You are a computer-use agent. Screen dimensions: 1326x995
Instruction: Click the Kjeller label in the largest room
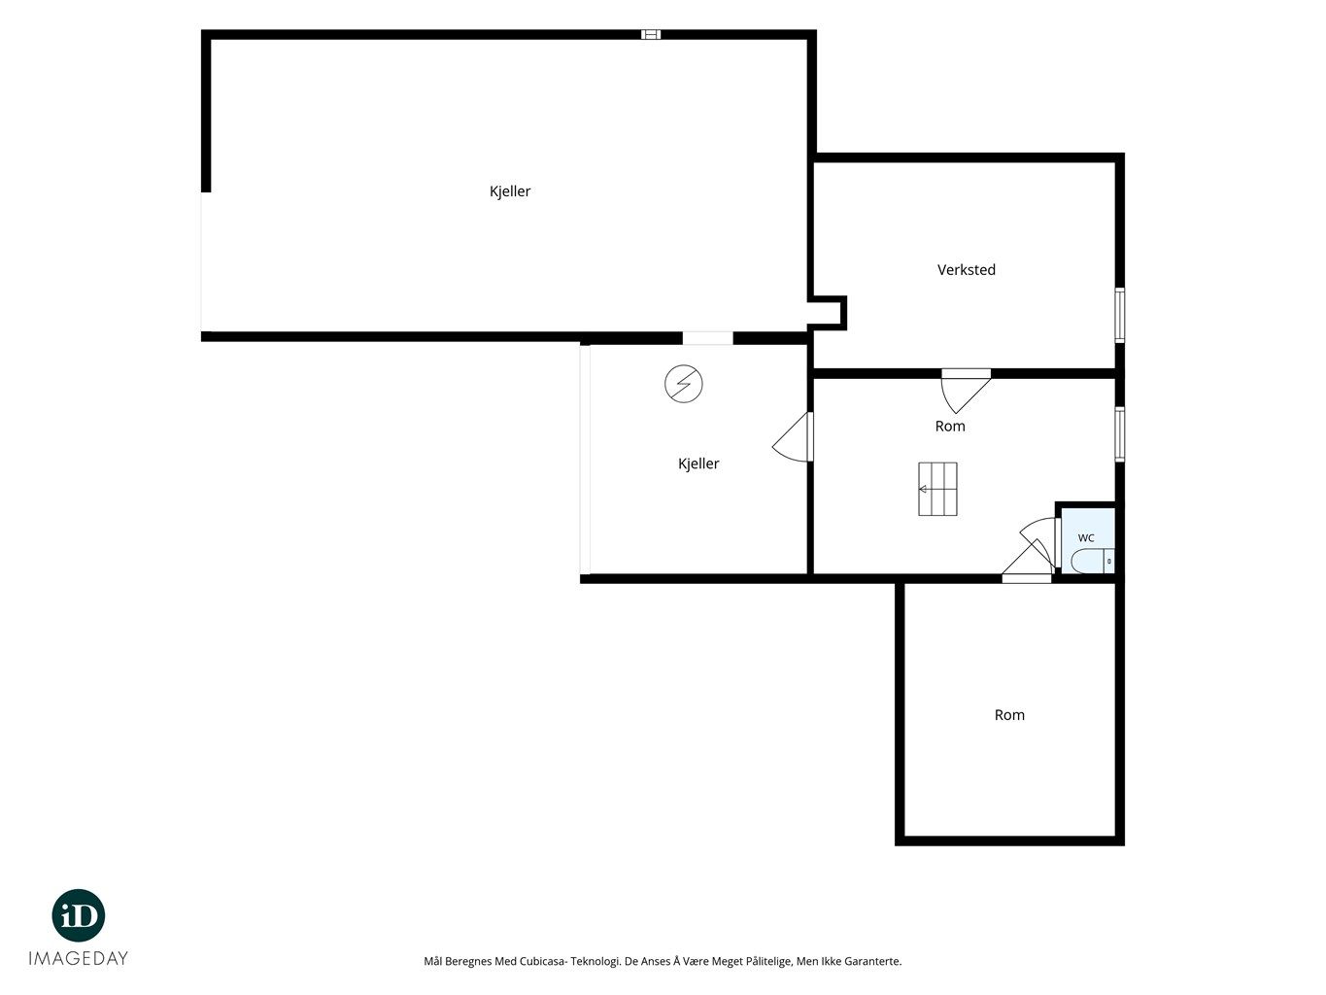point(509,191)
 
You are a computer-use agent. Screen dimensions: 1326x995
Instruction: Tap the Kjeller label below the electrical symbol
point(698,463)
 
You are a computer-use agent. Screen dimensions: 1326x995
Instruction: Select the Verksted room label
point(966,270)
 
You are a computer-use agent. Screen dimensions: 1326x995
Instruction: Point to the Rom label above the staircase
point(950,427)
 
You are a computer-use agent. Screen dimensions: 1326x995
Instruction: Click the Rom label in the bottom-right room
point(1009,715)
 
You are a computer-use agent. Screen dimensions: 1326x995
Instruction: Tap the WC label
point(1085,537)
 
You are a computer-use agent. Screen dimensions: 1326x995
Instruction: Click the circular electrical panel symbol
point(683,384)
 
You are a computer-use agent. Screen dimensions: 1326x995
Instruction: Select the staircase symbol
point(937,489)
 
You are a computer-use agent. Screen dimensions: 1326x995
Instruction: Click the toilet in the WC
point(1092,561)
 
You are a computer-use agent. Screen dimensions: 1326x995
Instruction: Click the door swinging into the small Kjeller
point(793,437)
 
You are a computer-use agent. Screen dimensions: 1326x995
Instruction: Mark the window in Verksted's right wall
point(1119,315)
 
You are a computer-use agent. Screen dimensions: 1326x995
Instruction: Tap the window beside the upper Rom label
point(1119,433)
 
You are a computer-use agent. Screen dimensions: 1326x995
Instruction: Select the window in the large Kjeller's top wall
point(651,34)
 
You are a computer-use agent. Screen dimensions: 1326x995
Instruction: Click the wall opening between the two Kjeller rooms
point(708,338)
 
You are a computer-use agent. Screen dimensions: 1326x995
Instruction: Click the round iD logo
point(79,915)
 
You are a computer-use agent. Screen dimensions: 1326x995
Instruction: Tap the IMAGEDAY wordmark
point(79,958)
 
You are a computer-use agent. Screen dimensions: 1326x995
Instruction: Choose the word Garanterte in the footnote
point(873,961)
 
